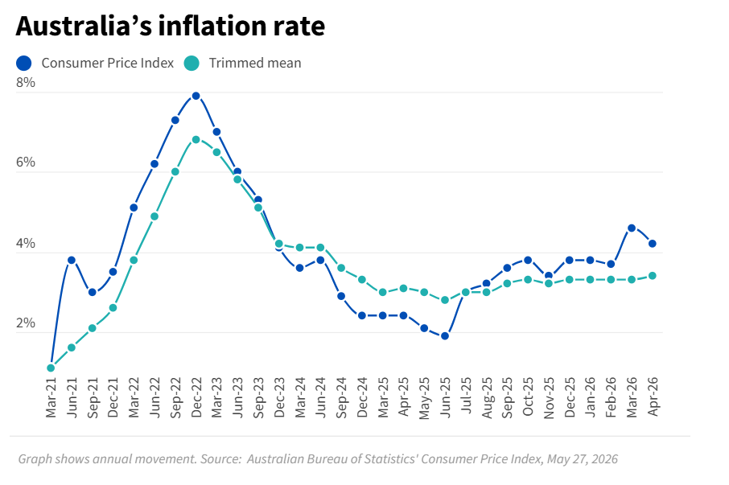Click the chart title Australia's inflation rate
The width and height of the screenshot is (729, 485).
[170, 26]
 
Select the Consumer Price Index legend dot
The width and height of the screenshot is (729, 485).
[23, 64]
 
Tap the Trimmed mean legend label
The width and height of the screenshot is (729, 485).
[255, 64]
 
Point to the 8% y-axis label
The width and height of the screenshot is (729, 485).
[26, 82]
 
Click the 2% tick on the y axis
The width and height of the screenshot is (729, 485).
[26, 323]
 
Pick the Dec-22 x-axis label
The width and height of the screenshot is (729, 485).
[196, 397]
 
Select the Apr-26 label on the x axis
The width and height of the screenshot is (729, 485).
[653, 397]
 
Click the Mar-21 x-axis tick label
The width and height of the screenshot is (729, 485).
[51, 397]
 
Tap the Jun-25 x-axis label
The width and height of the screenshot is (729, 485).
[445, 397]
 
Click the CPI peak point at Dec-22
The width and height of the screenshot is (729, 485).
[196, 97]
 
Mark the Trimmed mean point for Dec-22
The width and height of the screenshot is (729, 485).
[196, 140]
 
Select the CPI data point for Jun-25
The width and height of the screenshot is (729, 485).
[445, 336]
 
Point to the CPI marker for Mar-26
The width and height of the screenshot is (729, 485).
[632, 228]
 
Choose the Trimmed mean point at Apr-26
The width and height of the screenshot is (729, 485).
[653, 276]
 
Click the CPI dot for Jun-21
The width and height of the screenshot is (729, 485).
[71, 260]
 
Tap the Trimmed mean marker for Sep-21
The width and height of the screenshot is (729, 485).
[92, 328]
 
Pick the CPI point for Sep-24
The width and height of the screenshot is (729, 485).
[341, 296]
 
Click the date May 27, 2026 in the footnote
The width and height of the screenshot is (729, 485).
[582, 459]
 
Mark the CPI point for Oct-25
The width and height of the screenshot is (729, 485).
[528, 260]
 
